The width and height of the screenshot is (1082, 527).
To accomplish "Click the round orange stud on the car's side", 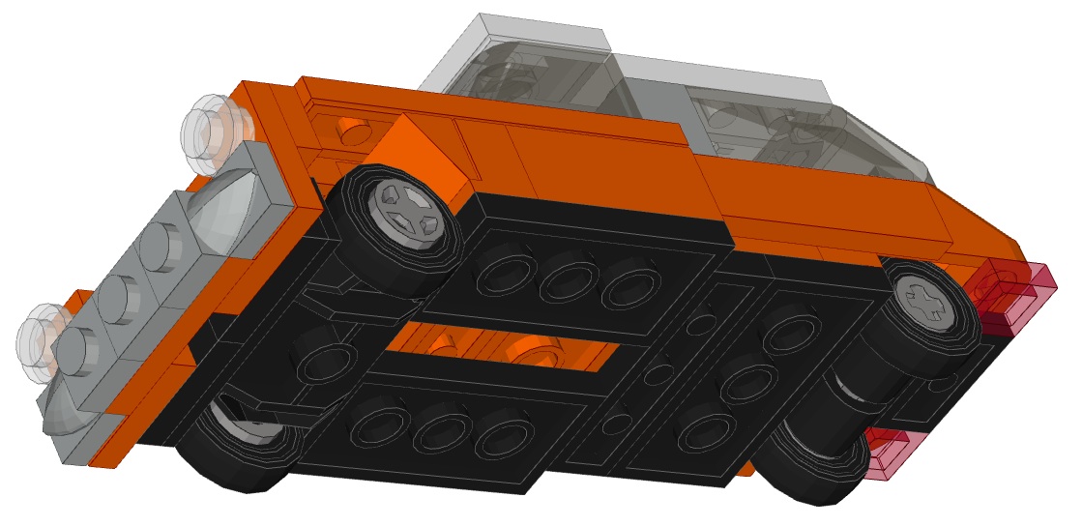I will tap(356, 130).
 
